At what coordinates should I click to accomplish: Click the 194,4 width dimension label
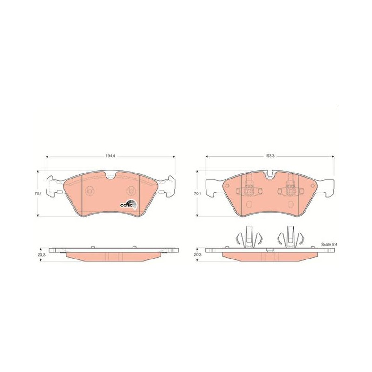[x=109, y=156]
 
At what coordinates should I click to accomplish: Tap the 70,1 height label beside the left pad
[x=38, y=193]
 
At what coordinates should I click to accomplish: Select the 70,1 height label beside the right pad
[x=197, y=193]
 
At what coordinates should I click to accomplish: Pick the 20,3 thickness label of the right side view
[x=197, y=254]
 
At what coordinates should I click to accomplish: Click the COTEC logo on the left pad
[x=129, y=205]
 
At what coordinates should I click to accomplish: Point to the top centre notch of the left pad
[x=110, y=175]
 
